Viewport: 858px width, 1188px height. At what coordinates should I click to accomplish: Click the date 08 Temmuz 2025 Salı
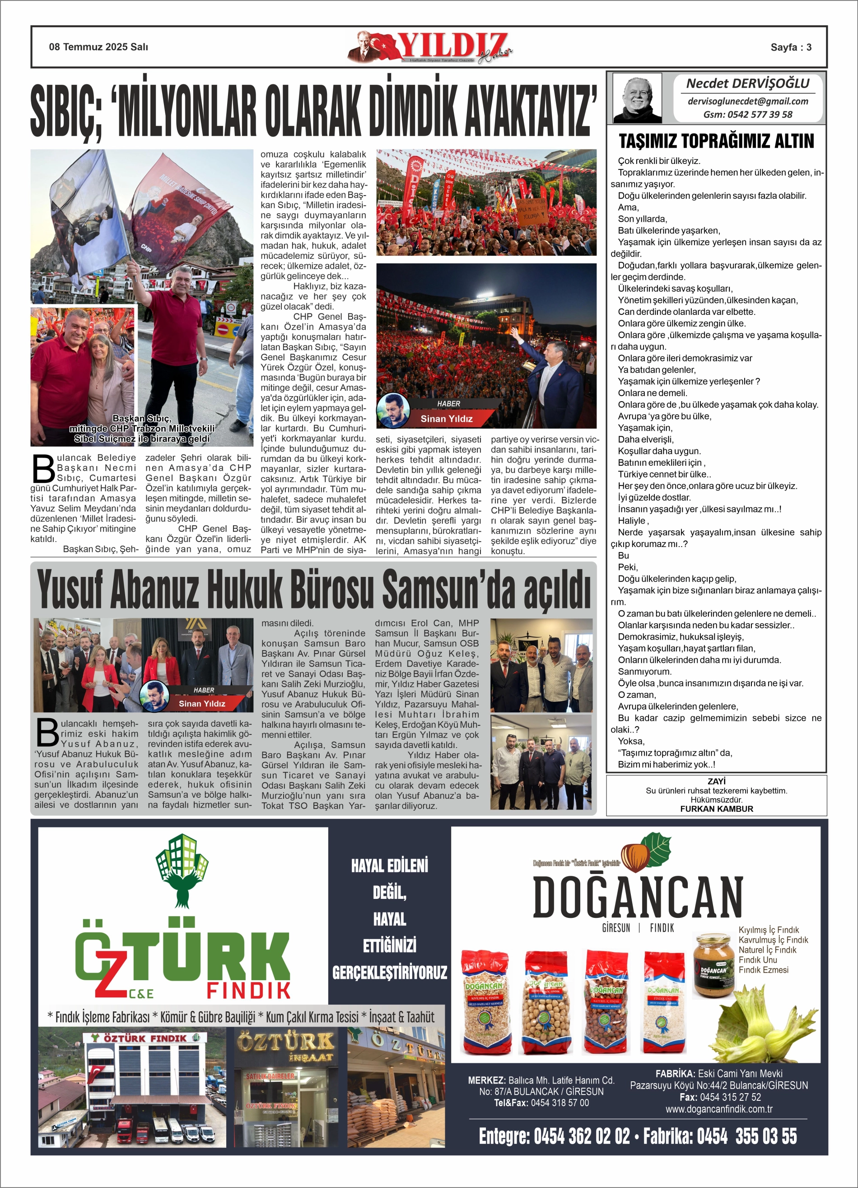point(98,47)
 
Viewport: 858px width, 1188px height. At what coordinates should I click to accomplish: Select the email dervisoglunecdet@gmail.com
point(747,101)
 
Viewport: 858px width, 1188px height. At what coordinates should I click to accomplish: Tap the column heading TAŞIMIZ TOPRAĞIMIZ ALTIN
point(716,141)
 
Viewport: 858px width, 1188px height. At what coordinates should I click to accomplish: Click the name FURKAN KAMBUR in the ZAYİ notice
point(716,809)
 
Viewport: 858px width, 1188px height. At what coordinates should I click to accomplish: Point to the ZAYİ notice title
point(716,781)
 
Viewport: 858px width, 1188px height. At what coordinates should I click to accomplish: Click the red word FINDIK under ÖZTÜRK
point(248,991)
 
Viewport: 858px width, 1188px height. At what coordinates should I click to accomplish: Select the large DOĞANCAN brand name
point(638,896)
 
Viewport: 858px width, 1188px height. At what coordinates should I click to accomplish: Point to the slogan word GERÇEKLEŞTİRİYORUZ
point(390,973)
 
